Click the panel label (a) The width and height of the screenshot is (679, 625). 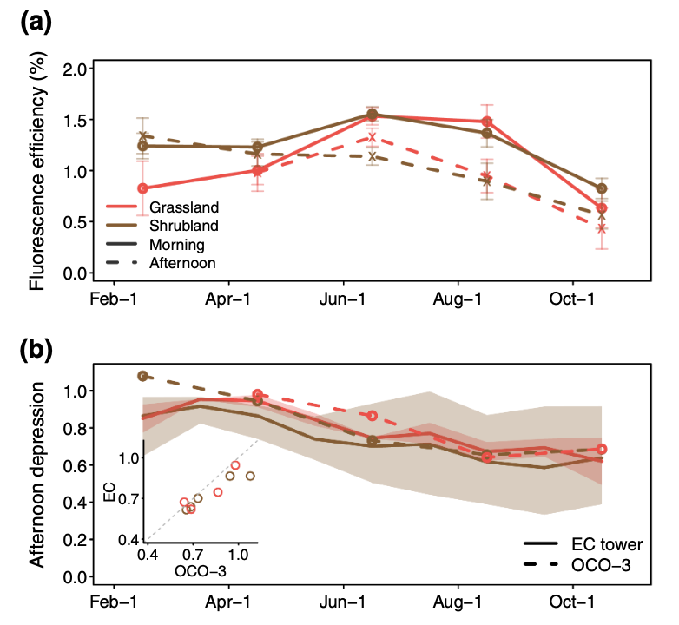[36, 23]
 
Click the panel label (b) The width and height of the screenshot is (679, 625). [36, 351]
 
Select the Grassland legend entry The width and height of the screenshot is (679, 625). [183, 207]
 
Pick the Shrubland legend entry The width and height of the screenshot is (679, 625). [183, 226]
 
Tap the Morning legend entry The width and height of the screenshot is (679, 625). [176, 244]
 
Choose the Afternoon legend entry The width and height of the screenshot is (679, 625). [181, 262]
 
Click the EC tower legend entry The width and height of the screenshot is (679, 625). [607, 545]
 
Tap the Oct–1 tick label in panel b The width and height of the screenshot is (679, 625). [573, 601]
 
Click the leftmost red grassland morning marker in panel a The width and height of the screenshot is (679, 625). [142, 188]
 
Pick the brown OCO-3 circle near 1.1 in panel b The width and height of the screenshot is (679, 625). [142, 376]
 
